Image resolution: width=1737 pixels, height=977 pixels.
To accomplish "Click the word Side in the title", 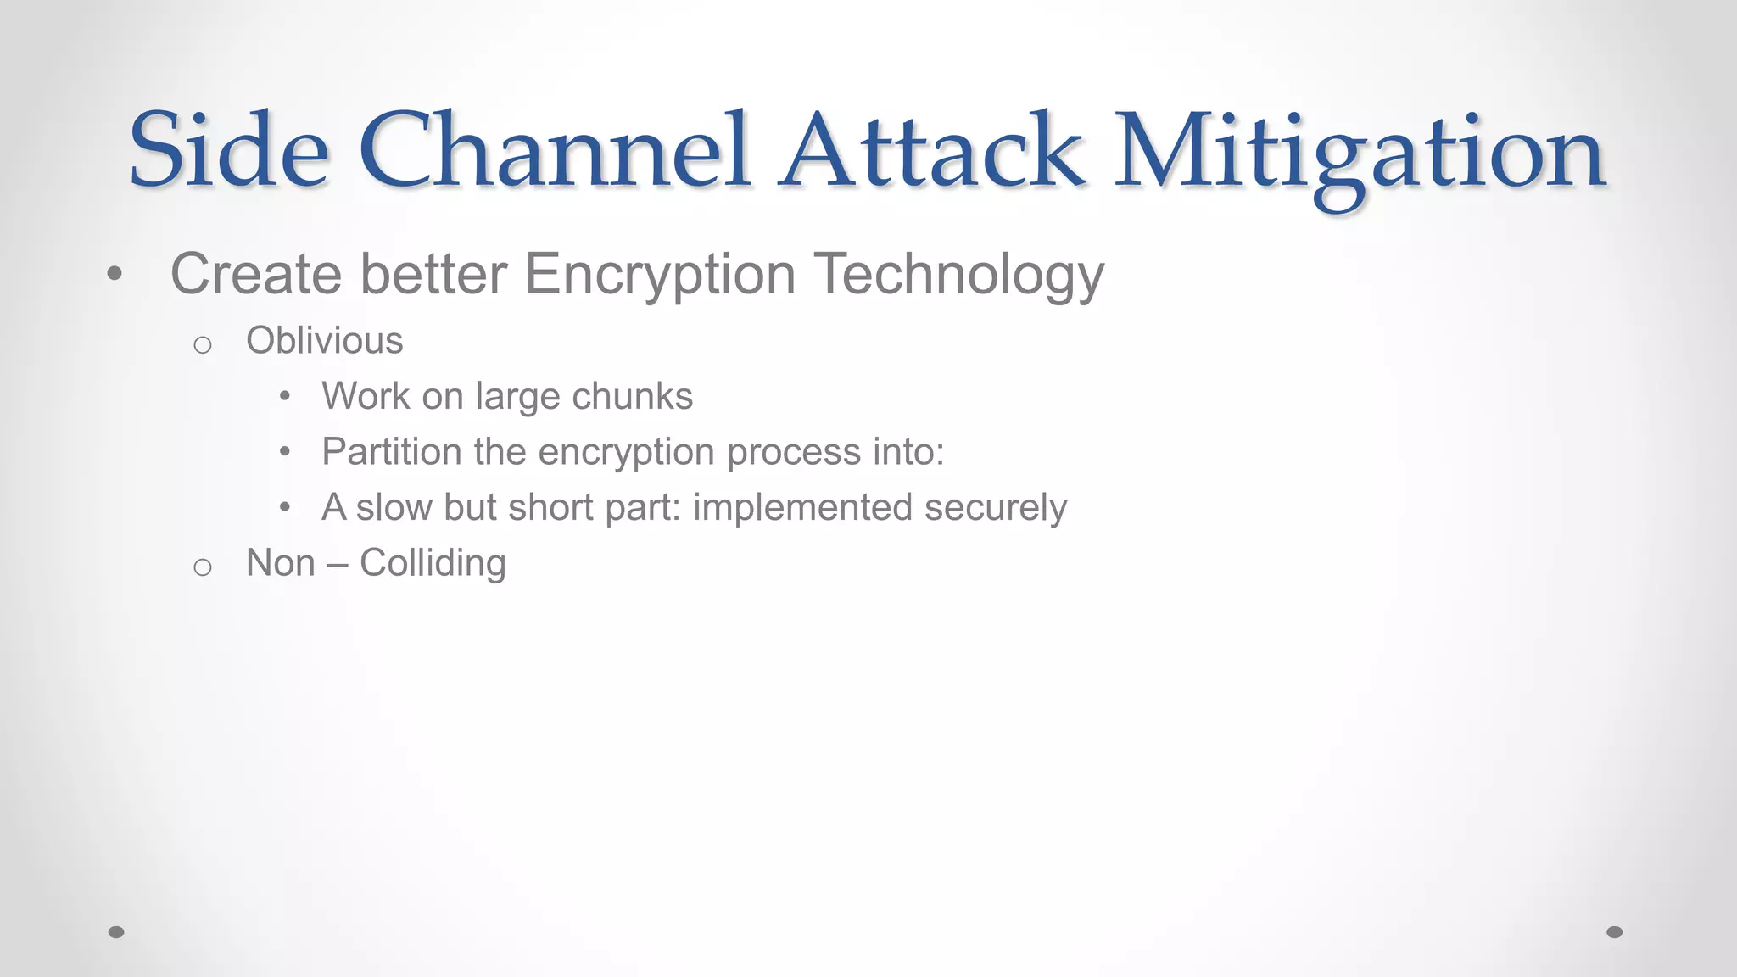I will pyautogui.click(x=228, y=151).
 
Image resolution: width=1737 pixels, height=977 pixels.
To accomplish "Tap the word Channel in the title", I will pyautogui.click(x=555, y=151).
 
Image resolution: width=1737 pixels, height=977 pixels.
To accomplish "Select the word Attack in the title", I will pyautogui.click(x=931, y=151).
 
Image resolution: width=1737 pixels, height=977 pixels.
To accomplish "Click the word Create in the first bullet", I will pyautogui.click(x=255, y=274).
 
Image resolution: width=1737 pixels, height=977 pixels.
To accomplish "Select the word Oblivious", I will pyautogui.click(x=324, y=341).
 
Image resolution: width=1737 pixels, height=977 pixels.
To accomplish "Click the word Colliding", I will pyautogui.click(x=433, y=563).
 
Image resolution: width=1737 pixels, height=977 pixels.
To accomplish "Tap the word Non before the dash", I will pyautogui.click(x=280, y=563).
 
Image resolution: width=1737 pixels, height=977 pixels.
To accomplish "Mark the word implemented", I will pyautogui.click(x=802, y=508).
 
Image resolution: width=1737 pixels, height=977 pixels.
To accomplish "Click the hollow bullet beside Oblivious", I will pyautogui.click(x=202, y=345).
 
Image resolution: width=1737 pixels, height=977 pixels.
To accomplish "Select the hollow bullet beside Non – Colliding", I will pyautogui.click(x=202, y=567).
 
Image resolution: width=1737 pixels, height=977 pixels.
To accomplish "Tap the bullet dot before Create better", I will pyautogui.click(x=115, y=274).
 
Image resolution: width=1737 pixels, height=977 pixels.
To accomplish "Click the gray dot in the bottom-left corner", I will pyautogui.click(x=116, y=932).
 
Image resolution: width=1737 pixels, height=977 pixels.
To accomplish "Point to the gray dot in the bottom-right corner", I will pyautogui.click(x=1615, y=932).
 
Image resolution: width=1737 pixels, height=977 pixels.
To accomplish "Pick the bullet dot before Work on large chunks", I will pyautogui.click(x=285, y=396).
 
